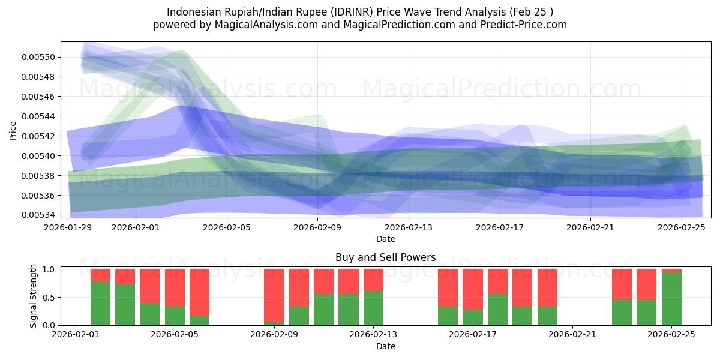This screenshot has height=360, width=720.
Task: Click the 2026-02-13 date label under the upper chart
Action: tap(408, 227)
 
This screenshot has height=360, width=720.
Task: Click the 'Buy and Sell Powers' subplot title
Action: tap(385, 257)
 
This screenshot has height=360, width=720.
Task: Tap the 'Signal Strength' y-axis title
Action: tap(34, 296)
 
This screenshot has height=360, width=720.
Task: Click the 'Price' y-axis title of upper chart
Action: tap(13, 130)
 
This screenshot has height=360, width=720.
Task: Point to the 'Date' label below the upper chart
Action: tap(385, 239)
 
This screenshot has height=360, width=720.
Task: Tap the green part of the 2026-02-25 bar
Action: tap(671, 299)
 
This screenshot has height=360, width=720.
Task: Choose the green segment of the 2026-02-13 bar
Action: tap(373, 308)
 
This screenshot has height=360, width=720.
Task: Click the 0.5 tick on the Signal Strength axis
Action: tap(49, 297)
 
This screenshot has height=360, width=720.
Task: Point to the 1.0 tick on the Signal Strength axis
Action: tap(49, 269)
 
